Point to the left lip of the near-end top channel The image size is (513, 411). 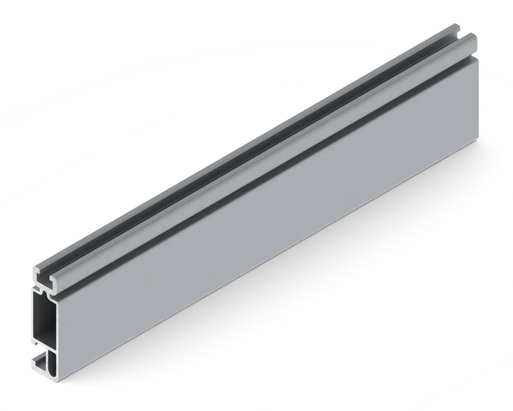pos(37,271)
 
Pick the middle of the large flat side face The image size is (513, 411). pos(270,215)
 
